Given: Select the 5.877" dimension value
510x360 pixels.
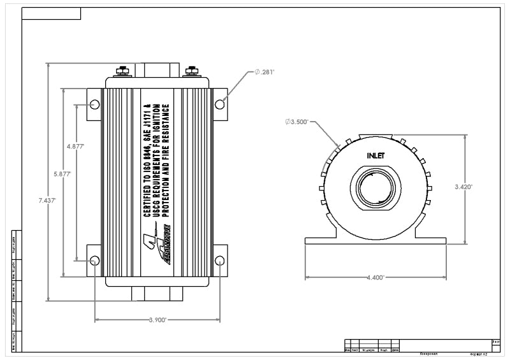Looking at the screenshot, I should [x=62, y=173].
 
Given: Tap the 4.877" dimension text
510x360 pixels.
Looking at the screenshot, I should [x=75, y=146].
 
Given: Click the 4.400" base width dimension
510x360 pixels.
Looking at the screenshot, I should [x=376, y=278].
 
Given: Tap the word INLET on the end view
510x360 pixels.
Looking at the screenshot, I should [x=376, y=155].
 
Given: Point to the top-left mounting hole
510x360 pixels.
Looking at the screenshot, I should [x=94, y=104].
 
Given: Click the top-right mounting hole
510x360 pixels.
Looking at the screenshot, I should [x=219, y=104].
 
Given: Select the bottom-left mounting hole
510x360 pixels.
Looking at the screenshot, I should [x=94, y=260].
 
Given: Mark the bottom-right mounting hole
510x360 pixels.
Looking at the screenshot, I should [x=219, y=260].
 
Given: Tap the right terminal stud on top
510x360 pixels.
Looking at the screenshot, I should [x=191, y=72].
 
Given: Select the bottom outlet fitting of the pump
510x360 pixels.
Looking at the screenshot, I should [x=157, y=294].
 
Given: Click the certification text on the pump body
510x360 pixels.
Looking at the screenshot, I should [x=157, y=159].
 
